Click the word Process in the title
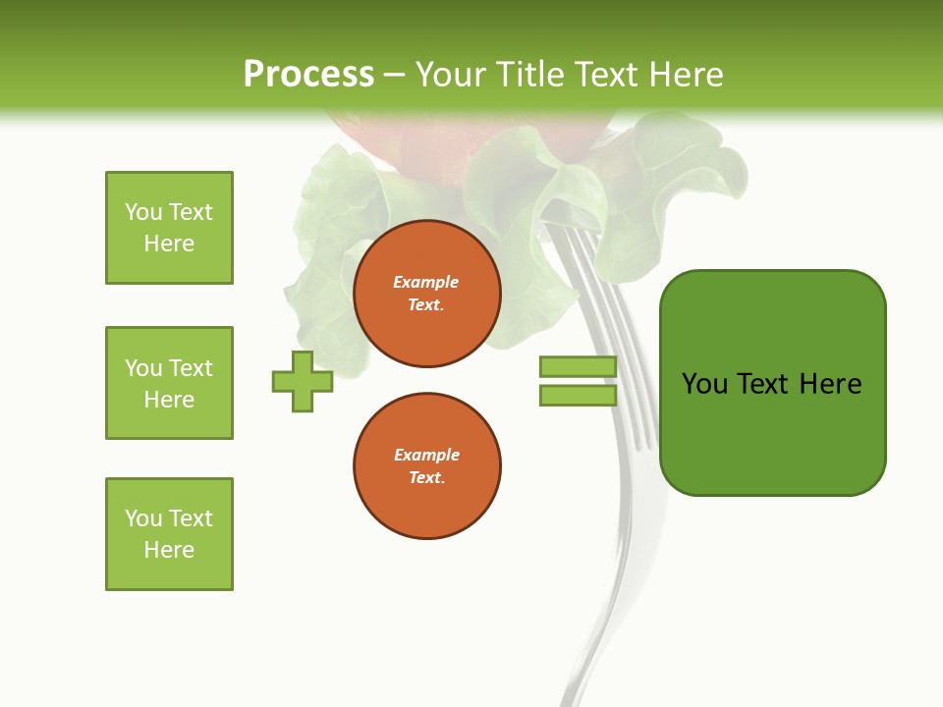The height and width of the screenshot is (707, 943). click(x=308, y=75)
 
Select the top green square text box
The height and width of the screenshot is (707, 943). click(x=169, y=228)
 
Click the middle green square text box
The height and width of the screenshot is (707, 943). click(x=169, y=383)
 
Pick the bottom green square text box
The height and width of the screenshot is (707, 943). click(x=169, y=534)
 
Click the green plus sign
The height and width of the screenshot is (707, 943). click(x=303, y=381)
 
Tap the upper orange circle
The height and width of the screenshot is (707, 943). click(x=426, y=294)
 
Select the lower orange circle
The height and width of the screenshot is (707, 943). click(x=426, y=466)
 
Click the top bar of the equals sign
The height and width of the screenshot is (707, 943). click(x=578, y=366)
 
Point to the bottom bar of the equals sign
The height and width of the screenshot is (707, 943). click(x=578, y=396)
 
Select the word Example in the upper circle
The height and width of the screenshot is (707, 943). click(x=426, y=283)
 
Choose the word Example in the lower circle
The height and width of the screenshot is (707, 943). click(x=426, y=456)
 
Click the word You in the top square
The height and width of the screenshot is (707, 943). click(x=142, y=213)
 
